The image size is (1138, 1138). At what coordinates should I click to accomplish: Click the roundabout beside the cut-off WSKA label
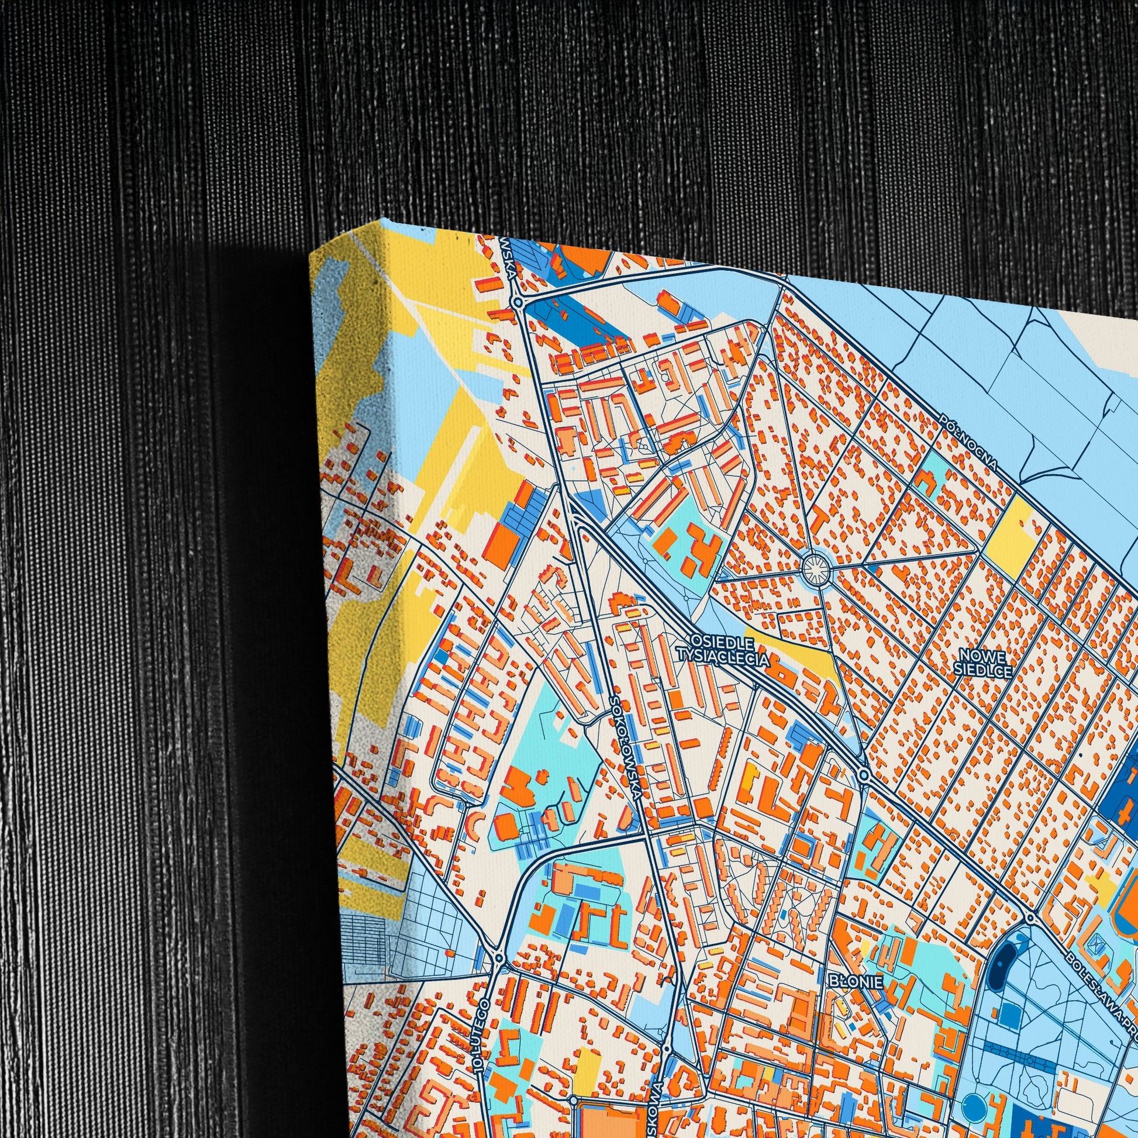click(x=518, y=302)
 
